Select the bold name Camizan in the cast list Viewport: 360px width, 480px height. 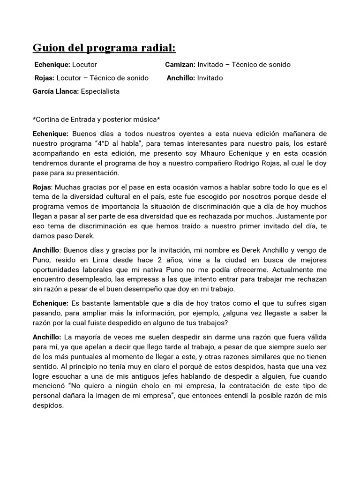click(180, 65)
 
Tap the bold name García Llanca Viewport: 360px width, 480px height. click(55, 91)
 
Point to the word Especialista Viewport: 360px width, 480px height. click(100, 91)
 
